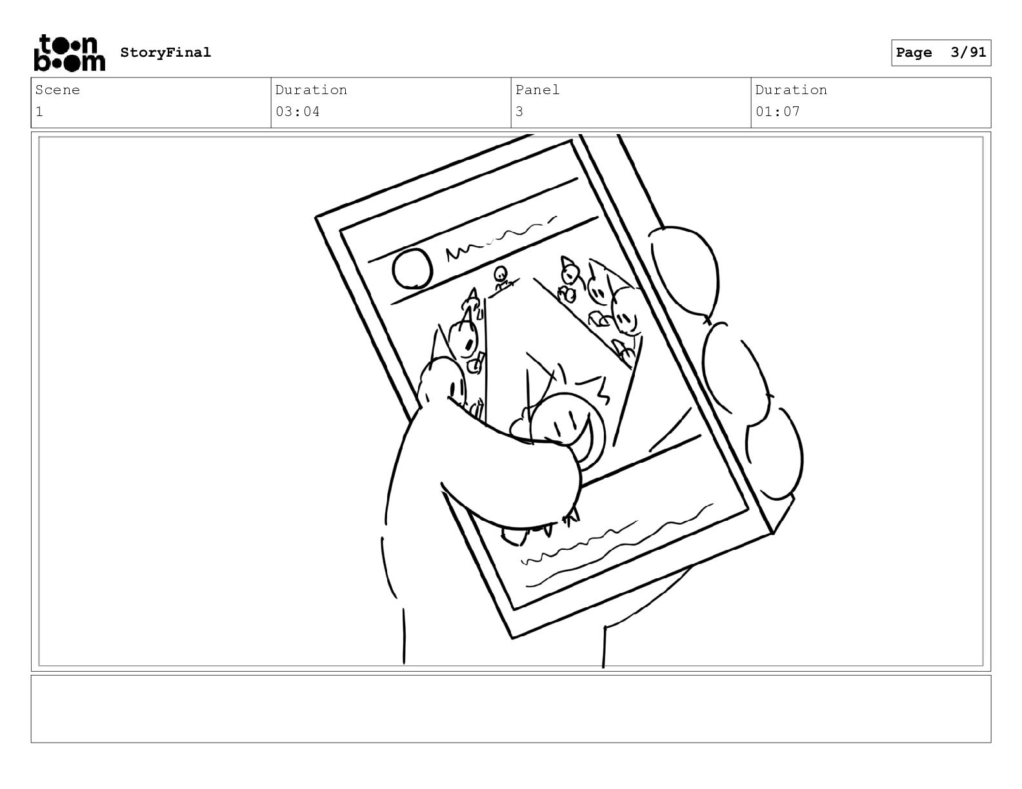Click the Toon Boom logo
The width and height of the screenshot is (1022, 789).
(70, 53)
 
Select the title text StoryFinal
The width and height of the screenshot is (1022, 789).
(166, 52)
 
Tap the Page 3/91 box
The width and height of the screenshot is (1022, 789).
(941, 53)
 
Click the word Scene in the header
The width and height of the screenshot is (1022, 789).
(57, 90)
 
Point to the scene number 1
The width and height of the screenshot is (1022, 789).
(39, 112)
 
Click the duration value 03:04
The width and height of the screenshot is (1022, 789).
(297, 112)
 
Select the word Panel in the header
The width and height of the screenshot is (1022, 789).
(537, 90)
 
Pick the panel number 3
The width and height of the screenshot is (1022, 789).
(519, 112)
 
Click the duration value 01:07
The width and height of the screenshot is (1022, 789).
(777, 112)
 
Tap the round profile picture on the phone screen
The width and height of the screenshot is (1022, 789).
(412, 268)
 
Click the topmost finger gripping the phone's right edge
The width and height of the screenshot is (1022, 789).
(685, 273)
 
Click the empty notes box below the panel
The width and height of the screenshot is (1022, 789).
(511, 709)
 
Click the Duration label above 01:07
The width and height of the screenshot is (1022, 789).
(791, 90)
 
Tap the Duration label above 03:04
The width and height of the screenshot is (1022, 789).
(312, 90)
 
